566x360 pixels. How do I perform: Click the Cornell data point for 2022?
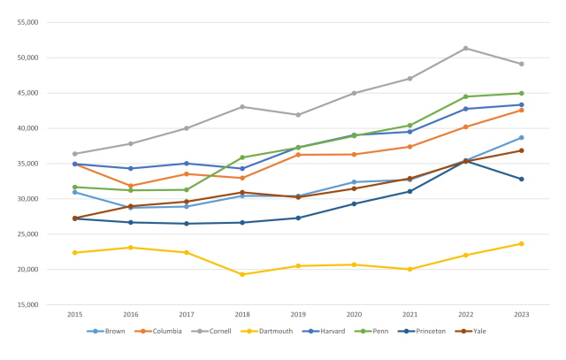point(466,48)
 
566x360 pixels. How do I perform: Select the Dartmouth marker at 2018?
point(242,274)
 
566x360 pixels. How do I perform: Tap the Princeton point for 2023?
point(522,179)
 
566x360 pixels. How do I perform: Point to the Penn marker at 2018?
point(242,157)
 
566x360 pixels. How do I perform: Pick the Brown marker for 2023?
point(522,137)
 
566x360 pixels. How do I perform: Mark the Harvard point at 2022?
point(466,109)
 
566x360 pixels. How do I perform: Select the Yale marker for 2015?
point(75,218)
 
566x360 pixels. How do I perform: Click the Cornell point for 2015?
point(75,154)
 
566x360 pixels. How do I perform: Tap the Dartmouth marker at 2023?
point(522,243)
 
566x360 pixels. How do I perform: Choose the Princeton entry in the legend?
point(427,332)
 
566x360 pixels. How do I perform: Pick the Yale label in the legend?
point(478,332)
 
